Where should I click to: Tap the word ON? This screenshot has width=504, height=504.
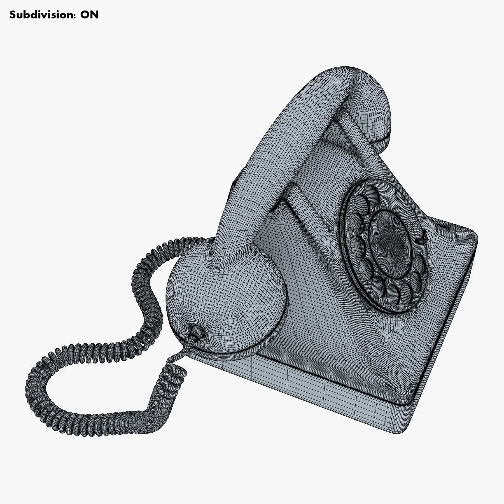89,15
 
